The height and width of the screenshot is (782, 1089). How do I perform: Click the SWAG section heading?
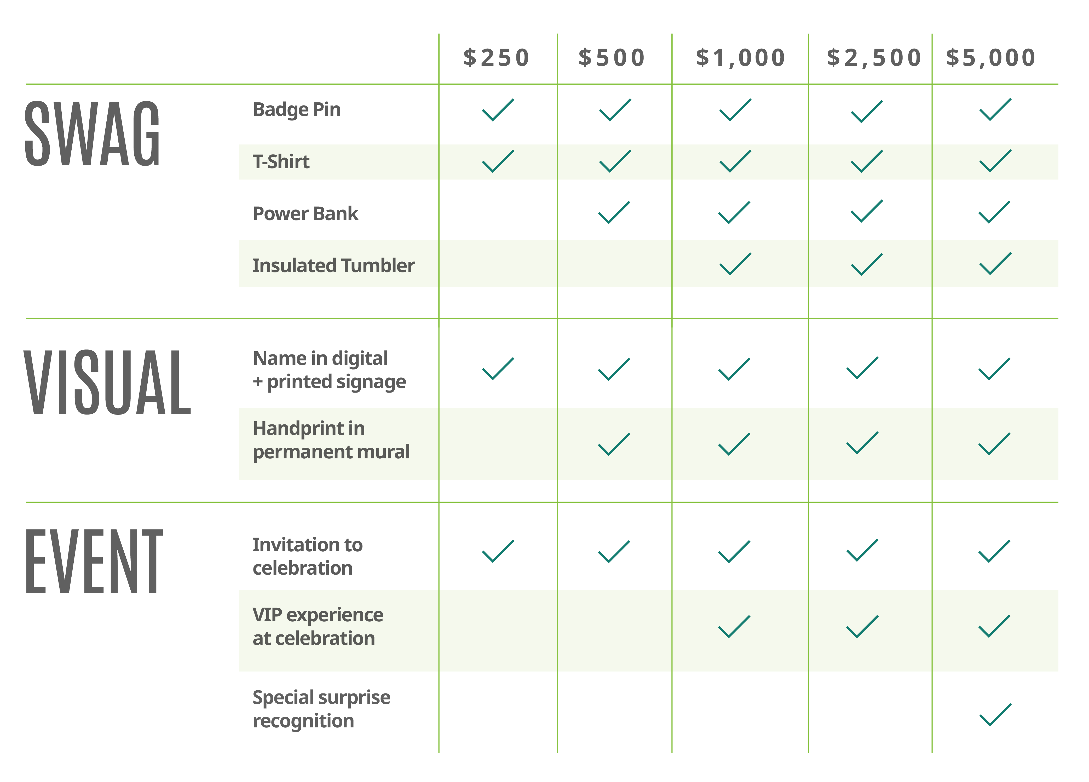92,134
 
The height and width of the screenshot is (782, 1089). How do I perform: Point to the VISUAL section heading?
108,382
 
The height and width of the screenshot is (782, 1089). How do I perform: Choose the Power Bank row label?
306,213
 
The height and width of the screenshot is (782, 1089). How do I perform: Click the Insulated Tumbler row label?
333,265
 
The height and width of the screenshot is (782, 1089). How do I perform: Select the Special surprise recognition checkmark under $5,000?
995,715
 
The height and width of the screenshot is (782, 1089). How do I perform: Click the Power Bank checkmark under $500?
614,213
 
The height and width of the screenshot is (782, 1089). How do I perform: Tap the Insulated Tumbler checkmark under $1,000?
735,264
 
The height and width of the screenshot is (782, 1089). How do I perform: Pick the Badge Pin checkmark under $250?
497,110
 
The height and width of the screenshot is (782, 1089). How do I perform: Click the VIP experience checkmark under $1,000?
734,627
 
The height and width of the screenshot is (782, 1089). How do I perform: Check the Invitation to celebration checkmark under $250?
497,551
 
